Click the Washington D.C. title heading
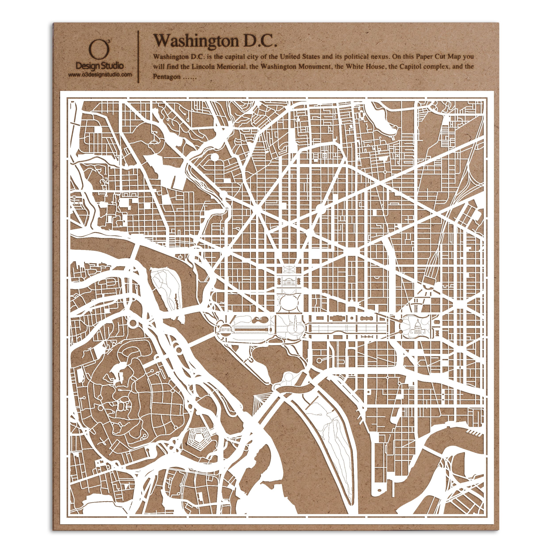(215, 41)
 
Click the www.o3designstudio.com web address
(100, 75)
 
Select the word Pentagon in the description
(167, 77)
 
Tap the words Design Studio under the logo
(100, 66)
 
